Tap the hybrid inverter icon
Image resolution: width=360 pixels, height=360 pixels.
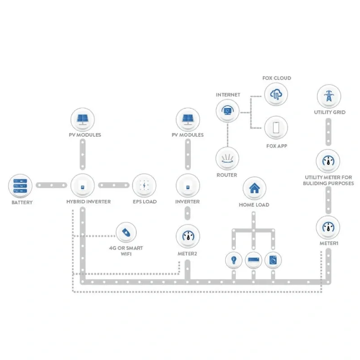pyautogui.click(x=82, y=185)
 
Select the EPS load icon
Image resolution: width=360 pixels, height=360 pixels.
pyautogui.click(x=144, y=185)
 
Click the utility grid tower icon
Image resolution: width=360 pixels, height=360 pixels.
pyautogui.click(x=329, y=97)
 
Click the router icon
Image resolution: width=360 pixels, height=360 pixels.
pyautogui.click(x=227, y=158)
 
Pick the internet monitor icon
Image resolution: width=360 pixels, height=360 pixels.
pyautogui.click(x=227, y=111)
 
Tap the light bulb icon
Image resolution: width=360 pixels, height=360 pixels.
pyautogui.click(x=234, y=260)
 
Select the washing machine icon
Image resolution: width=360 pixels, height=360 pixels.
pyautogui.click(x=273, y=260)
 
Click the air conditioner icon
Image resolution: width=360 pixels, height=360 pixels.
pyautogui.click(x=254, y=260)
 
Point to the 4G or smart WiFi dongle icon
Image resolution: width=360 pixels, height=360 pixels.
pyautogui.click(x=126, y=233)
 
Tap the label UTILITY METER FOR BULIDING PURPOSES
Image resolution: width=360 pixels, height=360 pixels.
pyautogui.click(x=329, y=180)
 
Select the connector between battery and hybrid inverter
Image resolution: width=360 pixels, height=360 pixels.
pyautogui.click(x=51, y=185)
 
